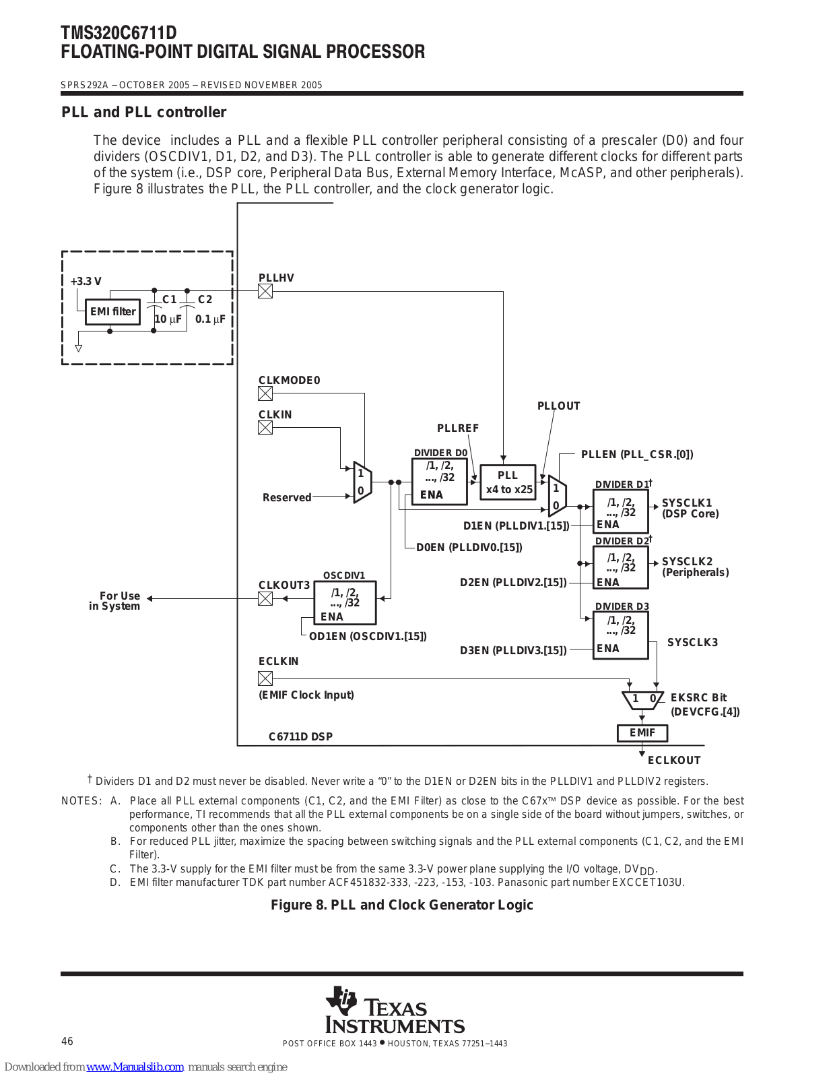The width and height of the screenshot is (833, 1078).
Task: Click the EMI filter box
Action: coord(112,311)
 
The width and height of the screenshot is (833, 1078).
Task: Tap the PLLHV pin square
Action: coord(265,291)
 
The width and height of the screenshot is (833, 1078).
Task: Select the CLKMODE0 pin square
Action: coord(265,393)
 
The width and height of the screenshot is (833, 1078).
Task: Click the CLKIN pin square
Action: coord(265,428)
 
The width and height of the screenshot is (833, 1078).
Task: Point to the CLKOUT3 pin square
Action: coord(265,599)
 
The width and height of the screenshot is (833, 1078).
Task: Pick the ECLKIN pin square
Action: coord(265,678)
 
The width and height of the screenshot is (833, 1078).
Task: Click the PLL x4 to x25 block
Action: coord(508,482)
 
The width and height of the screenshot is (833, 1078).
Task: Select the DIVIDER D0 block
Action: coord(440,482)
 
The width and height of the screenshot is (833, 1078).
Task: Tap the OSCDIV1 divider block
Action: coord(345,603)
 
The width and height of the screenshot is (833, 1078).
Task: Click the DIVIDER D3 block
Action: coord(621,635)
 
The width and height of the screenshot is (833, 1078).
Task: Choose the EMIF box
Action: coord(642,733)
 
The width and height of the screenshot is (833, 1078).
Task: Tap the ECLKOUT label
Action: coord(674,760)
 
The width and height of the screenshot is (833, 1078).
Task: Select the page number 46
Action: coord(67,1042)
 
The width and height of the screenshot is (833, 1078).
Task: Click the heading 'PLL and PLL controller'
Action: coord(144,112)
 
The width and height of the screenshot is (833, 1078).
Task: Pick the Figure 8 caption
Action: coord(402,906)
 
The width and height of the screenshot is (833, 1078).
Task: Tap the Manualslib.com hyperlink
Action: coord(135,1067)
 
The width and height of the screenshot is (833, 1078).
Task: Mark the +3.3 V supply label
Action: coord(86,281)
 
